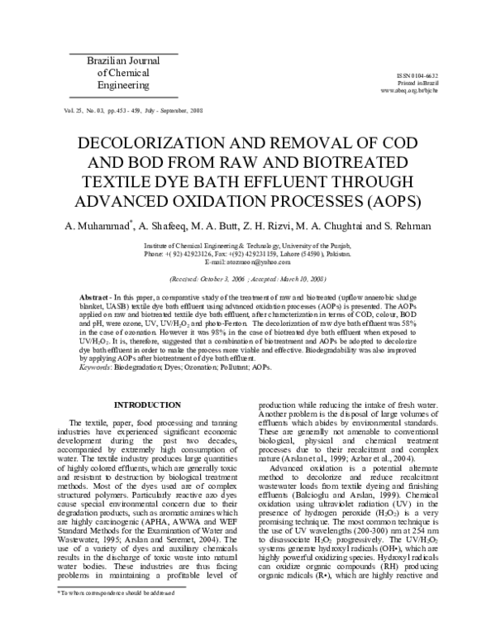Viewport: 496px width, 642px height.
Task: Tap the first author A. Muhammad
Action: coord(98,226)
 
